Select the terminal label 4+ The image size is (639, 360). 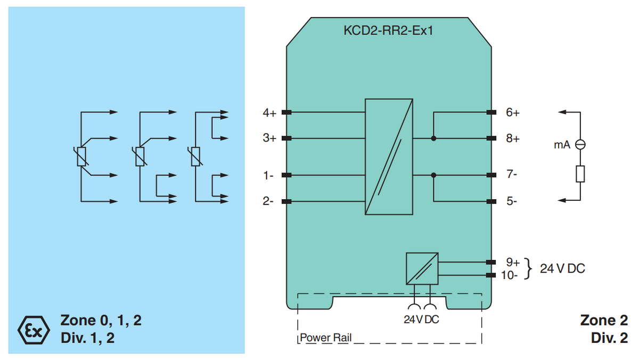269,113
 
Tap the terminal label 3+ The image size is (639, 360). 269,138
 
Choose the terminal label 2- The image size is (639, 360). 268,201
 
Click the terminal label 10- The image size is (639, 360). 511,275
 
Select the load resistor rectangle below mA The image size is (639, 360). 580,174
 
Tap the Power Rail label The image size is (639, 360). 325,338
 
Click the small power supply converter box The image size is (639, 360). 422,268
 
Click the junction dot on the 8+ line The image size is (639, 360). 433,138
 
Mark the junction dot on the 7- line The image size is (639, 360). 433,175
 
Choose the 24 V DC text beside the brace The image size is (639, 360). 562,268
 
